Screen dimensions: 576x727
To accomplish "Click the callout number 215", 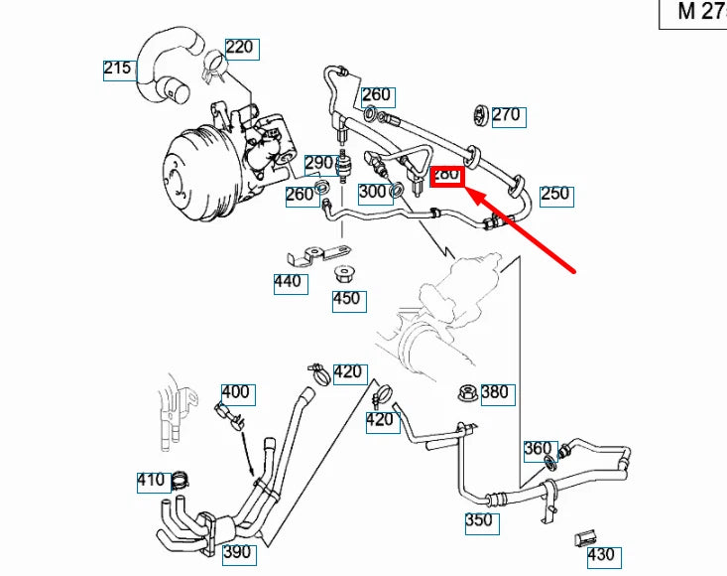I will point(118,69).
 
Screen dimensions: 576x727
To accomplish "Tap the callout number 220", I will point(239,47).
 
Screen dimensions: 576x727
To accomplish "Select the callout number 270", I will point(505,115).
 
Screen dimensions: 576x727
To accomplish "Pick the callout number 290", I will point(319,163).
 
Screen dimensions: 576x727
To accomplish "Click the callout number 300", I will point(373,191).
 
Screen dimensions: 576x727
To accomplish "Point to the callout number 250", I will point(554,194).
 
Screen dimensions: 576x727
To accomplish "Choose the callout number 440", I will point(290,282).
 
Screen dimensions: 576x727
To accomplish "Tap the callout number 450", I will point(347,299).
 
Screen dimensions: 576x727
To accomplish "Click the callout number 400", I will point(235,392).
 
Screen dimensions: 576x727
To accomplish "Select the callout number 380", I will point(494,392).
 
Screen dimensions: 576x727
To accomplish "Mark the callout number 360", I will point(538,449).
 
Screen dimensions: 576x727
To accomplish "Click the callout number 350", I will point(478,519).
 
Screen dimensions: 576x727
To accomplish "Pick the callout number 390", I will point(236,552).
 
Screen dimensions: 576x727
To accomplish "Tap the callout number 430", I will point(601,555).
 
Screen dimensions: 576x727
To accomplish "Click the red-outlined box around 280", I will point(446,175).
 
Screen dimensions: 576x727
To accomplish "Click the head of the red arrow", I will point(470,192).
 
